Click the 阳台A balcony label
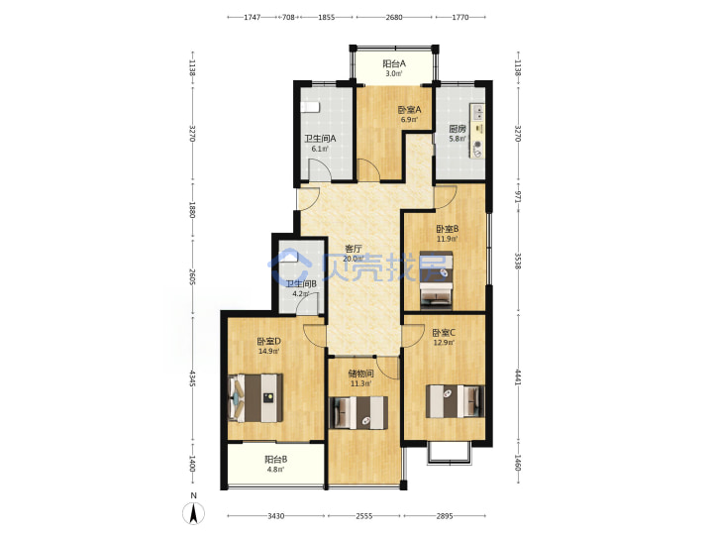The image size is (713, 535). pyautogui.click(x=394, y=63)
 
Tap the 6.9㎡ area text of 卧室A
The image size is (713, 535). pyautogui.click(x=409, y=120)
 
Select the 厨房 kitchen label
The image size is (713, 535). pyautogui.click(x=457, y=129)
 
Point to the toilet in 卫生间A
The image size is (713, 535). pyautogui.click(x=311, y=107)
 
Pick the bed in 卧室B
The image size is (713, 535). pyautogui.click(x=436, y=280)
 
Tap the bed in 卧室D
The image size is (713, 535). pyautogui.click(x=255, y=397)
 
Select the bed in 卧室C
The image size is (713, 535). pyautogui.click(x=455, y=401)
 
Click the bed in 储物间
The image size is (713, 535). pyautogui.click(x=357, y=412)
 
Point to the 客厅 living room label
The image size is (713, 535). pyautogui.click(x=354, y=249)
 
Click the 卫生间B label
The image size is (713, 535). pyautogui.click(x=301, y=284)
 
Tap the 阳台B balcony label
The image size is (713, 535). pyautogui.click(x=275, y=460)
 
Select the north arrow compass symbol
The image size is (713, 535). pyautogui.click(x=194, y=513)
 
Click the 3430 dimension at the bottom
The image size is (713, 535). pyautogui.click(x=276, y=516)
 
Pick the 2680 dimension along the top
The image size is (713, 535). pyautogui.click(x=394, y=17)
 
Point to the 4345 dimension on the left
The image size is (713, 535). pyautogui.click(x=193, y=378)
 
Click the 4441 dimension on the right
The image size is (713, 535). pyautogui.click(x=518, y=377)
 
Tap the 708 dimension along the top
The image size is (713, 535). pyautogui.click(x=288, y=17)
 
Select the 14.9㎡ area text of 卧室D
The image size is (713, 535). pyautogui.click(x=268, y=351)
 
